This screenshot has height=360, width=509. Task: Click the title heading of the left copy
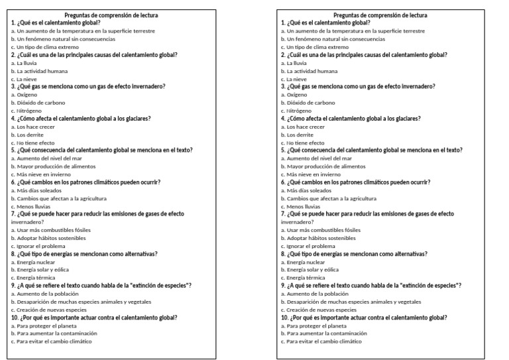coord(111,15)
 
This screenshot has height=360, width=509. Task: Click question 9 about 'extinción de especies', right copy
coord(371,285)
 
